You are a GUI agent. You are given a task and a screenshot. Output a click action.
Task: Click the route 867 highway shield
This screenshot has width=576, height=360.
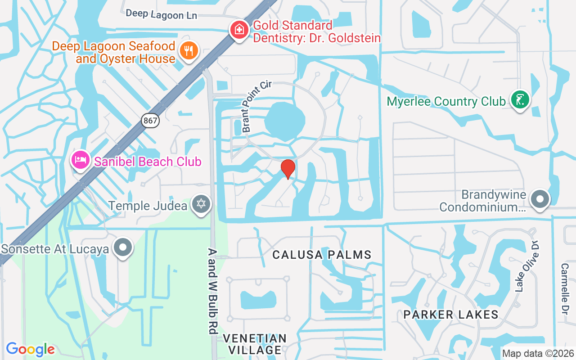pos(150,120)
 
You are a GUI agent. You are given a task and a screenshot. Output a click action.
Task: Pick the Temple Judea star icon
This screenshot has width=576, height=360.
pos(201,204)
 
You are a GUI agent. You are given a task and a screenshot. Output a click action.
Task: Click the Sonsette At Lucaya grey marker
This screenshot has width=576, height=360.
pos(123,247)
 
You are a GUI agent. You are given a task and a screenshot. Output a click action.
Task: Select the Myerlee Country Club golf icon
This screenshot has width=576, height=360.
pos(520,99)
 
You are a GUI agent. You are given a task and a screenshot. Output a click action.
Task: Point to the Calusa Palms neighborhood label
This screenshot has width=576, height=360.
pos(322,255)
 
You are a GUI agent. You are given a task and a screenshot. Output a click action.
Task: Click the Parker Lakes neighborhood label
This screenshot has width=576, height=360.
pos(451,315)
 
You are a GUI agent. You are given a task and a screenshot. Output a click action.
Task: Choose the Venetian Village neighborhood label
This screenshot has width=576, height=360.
pos(255,344)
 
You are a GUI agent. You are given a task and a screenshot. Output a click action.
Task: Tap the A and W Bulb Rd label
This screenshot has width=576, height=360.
pos(213,291)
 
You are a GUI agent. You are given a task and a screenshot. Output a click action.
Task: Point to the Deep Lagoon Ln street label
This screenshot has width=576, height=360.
pos(161,14)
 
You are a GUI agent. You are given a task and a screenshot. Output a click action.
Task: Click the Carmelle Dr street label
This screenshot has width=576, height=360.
pos(565,288)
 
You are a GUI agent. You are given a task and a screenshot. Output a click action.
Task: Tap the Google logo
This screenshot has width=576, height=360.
pos(31,349)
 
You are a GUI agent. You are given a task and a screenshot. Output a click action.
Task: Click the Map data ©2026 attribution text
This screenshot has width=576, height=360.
pos(538,354)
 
